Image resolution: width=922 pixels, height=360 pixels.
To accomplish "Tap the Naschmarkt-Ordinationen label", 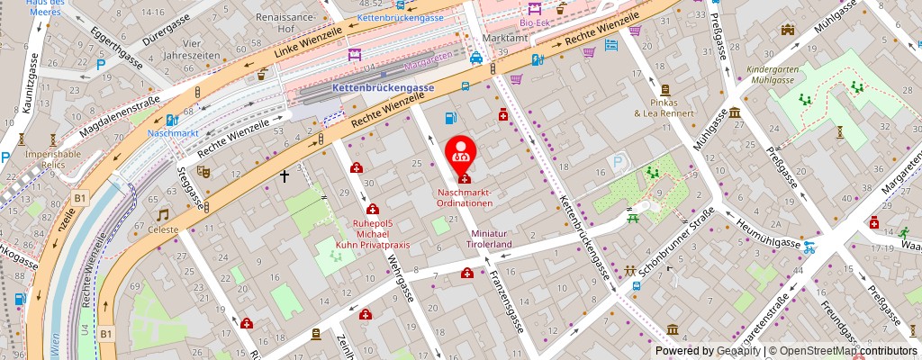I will tap(466, 198).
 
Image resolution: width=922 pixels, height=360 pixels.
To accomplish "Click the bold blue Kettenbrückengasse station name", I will tap(383, 87).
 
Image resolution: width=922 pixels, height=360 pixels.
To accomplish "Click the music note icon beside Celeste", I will tap(163, 215).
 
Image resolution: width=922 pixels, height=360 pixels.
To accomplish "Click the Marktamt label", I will tap(503, 39).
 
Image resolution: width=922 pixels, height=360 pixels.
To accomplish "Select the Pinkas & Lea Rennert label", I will tap(664, 108).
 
